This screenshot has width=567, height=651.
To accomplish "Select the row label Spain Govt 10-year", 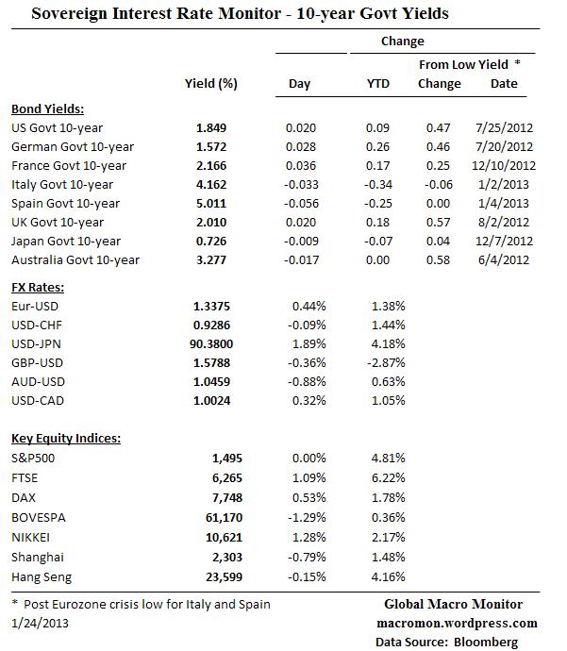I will tap(65, 204).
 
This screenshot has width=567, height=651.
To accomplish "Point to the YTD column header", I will tap(377, 84).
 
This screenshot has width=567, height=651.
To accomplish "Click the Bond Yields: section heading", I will tap(47, 108).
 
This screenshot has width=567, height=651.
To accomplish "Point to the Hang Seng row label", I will tap(42, 576).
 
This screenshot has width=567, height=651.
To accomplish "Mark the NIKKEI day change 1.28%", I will tap(298, 539).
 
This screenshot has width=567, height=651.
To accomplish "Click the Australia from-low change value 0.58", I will tap(438, 260).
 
